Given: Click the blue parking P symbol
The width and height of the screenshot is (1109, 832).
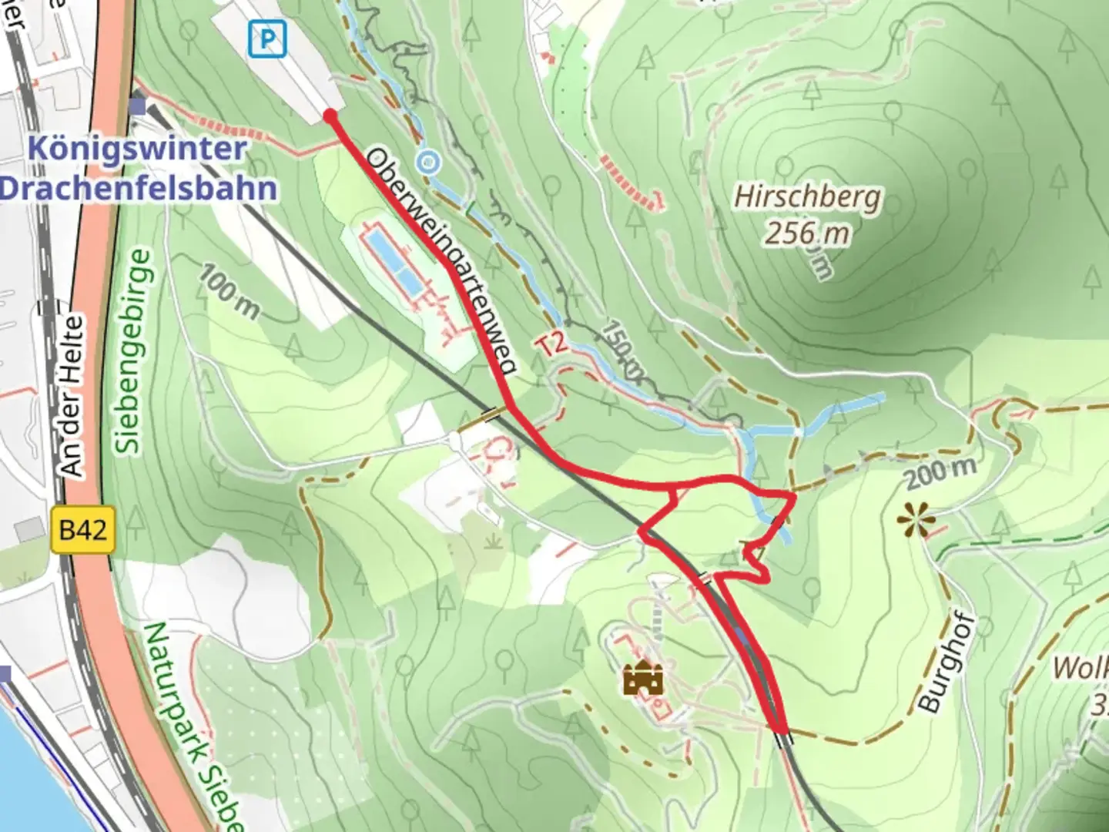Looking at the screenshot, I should (x=267, y=39).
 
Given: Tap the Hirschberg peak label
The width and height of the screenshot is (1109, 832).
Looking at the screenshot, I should (x=807, y=197).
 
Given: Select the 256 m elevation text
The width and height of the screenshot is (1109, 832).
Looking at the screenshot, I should (x=807, y=232).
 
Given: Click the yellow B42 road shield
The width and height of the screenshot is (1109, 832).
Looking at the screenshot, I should (x=83, y=530).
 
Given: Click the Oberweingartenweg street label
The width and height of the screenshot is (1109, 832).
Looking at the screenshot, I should (x=442, y=261).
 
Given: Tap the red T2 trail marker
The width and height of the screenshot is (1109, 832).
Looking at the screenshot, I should (x=551, y=344).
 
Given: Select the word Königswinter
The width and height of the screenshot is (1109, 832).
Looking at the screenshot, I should (x=138, y=149).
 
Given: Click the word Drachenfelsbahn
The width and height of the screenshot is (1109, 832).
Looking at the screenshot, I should (x=139, y=189).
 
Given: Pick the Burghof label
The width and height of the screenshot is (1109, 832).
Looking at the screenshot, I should (x=947, y=663).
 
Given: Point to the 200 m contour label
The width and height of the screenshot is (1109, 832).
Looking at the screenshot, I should (x=940, y=472).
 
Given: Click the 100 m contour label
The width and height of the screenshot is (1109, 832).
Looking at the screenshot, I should (x=230, y=291).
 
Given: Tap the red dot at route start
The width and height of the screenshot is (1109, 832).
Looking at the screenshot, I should (x=330, y=116).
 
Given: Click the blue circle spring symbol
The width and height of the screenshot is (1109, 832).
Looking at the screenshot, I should (x=428, y=163).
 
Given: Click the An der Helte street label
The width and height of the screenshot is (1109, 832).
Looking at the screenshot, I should (x=72, y=396).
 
